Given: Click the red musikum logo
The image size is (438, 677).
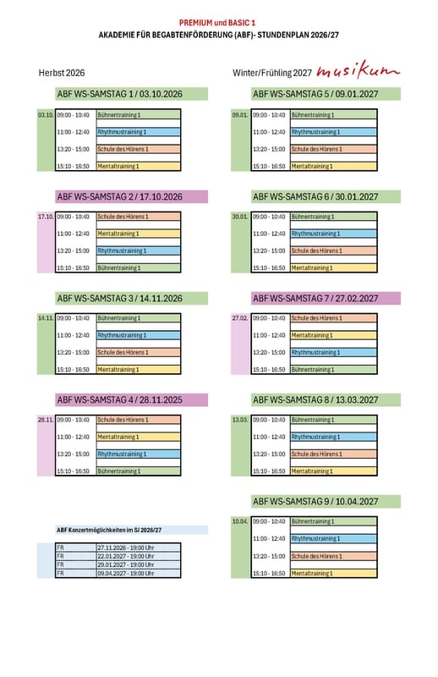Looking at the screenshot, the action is coord(359,71).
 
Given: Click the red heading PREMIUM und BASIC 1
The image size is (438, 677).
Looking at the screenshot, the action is coord(217,23).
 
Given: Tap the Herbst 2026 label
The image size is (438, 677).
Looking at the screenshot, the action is coord(62,73).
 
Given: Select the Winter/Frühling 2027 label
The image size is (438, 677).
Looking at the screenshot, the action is coord(272,73).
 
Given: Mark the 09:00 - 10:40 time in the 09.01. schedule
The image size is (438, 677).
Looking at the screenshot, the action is coord(269,115).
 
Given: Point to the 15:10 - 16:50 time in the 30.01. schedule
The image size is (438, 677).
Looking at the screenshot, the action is coord(269,268).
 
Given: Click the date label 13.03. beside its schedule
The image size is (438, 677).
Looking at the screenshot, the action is coord(240,420).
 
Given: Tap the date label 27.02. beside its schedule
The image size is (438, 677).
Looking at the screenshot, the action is coord(240,318).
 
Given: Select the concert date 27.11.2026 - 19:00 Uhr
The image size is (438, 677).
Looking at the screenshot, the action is coord(126,548).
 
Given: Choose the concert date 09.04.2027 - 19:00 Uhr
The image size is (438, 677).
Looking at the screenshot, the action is coord(126,574).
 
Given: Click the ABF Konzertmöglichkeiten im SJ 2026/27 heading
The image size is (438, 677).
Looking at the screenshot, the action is coord(109,531).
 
